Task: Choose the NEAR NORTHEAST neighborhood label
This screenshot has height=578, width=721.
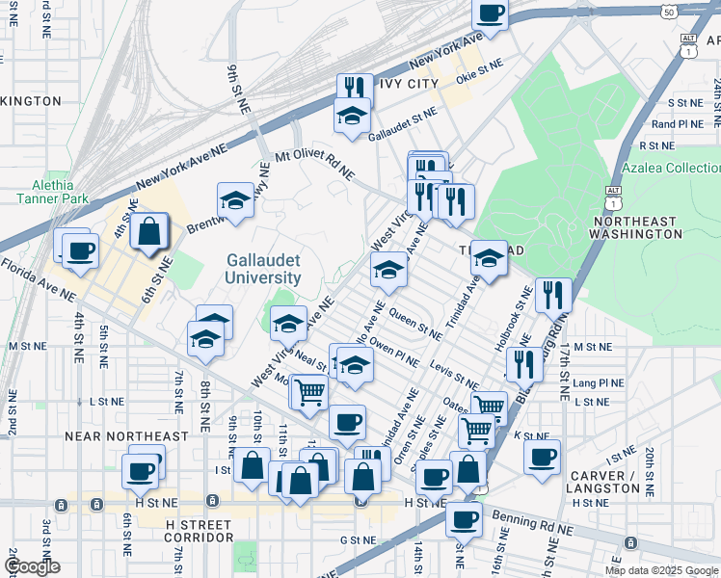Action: click(x=126, y=436)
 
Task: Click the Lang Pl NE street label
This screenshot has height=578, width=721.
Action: click(x=598, y=382)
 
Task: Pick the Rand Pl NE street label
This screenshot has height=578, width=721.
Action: click(x=678, y=124)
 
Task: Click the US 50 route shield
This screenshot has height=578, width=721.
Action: click(x=669, y=10)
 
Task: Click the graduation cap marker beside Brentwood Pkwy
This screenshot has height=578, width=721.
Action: click(x=234, y=200)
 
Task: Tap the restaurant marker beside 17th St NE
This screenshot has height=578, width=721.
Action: click(x=553, y=295)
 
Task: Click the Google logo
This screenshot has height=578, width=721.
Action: click(x=32, y=566)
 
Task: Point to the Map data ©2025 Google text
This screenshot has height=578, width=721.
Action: click(x=661, y=570)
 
